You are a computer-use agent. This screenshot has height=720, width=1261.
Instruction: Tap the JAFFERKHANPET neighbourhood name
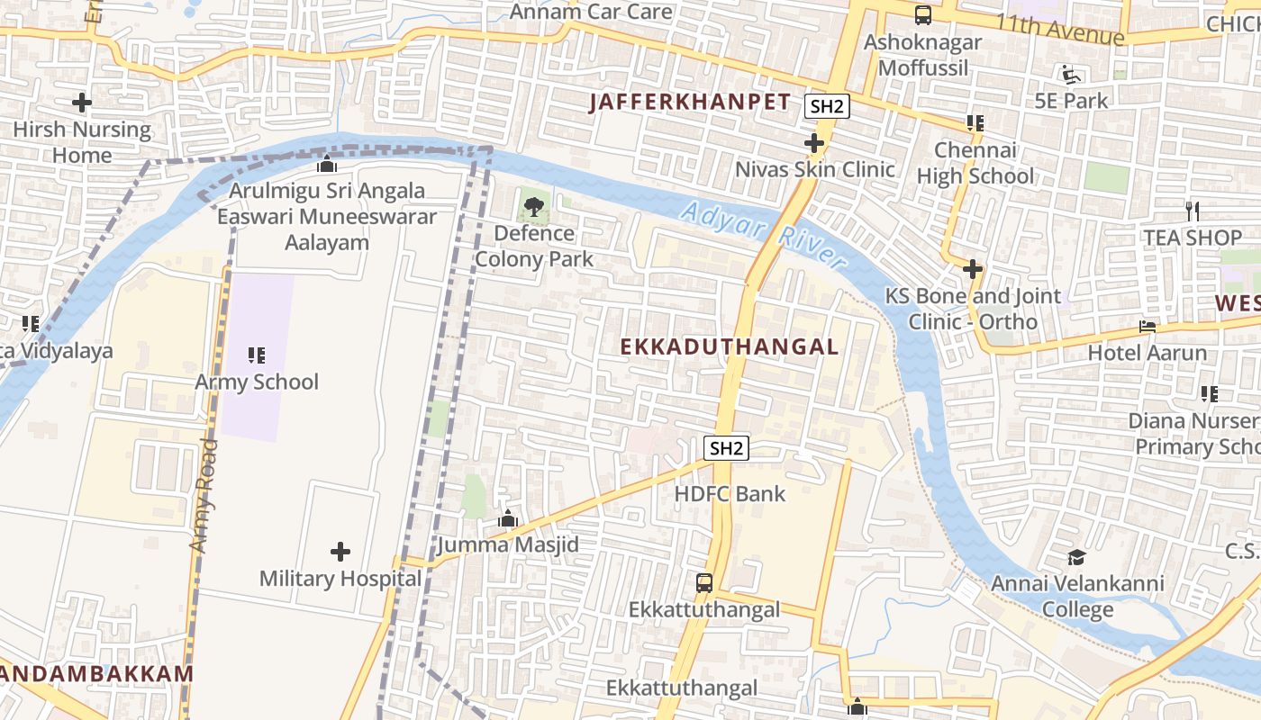pyautogui.click(x=690, y=103)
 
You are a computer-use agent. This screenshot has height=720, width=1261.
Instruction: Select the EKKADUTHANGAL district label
pyautogui.click(x=730, y=346)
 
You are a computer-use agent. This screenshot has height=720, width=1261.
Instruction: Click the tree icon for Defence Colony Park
pyautogui.click(x=534, y=207)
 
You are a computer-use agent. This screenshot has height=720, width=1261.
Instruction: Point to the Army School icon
pyautogui.click(x=257, y=355)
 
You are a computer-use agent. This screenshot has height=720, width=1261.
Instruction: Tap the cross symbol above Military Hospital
pyautogui.click(x=340, y=551)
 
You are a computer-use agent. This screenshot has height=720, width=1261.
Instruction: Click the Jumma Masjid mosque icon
pyautogui.click(x=508, y=519)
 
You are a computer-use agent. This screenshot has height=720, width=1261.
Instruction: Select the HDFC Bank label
pyautogui.click(x=730, y=493)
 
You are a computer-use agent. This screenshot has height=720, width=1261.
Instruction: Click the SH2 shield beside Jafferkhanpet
pyautogui.click(x=827, y=106)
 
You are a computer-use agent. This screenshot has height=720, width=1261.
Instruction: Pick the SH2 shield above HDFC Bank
pyautogui.click(x=727, y=448)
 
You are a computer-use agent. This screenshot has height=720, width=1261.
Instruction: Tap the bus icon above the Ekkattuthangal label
pyautogui.click(x=704, y=583)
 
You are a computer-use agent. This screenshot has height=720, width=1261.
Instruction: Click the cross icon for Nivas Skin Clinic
pyautogui.click(x=814, y=143)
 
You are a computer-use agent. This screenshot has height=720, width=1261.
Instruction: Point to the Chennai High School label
pyautogui.click(x=975, y=163)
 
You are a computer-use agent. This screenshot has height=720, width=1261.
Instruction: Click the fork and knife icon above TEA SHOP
pyautogui.click(x=1193, y=211)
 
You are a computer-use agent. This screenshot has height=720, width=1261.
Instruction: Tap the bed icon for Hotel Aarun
pyautogui.click(x=1148, y=326)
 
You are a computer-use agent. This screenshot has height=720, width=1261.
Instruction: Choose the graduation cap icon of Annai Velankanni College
pyautogui.click(x=1076, y=558)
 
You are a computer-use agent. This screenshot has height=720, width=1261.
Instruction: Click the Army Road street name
pyautogui.click(x=204, y=495)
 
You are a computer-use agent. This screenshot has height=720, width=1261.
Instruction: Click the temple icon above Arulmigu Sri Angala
pyautogui.click(x=327, y=165)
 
